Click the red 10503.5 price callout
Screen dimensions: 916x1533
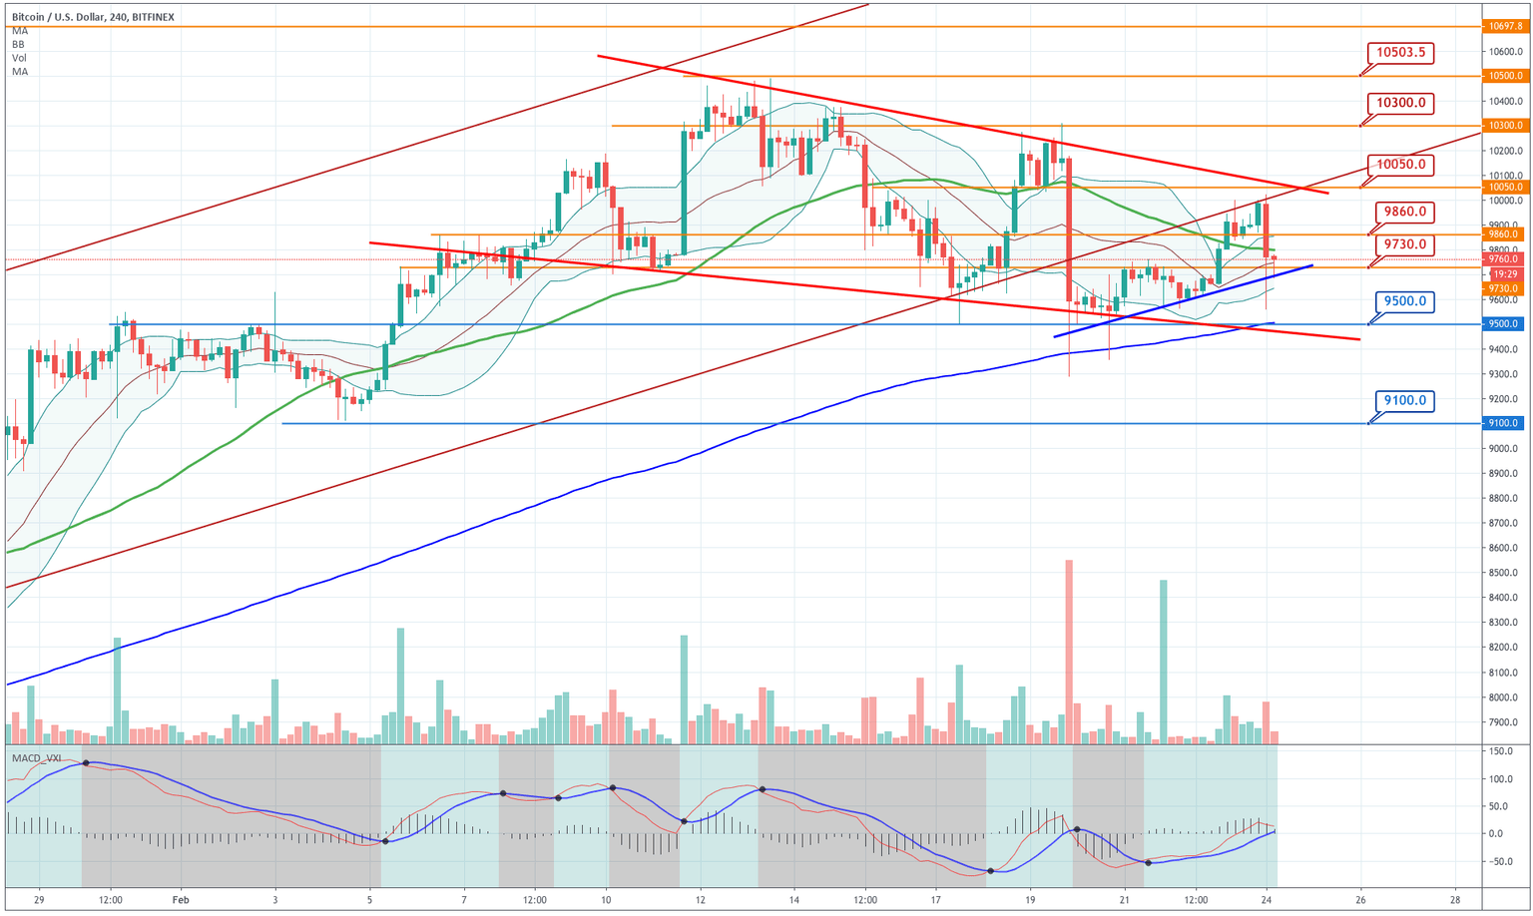[1400, 53]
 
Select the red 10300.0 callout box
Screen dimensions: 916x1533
[1400, 103]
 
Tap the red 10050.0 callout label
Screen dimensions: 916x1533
[1400, 165]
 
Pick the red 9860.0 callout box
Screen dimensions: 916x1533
[1405, 212]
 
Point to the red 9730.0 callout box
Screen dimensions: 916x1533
[1405, 244]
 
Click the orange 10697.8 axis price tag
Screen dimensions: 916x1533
[1504, 27]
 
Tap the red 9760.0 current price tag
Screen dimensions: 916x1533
[1504, 259]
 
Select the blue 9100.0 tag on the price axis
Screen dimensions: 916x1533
[1504, 423]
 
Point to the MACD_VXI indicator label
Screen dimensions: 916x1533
[37, 758]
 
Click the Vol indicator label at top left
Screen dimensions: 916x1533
[20, 58]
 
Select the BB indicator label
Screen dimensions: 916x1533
[19, 45]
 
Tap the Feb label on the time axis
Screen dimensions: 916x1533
[181, 899]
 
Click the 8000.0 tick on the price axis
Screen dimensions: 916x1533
[1504, 673]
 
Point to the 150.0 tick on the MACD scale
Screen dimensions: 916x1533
[1501, 751]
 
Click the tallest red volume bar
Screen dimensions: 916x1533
[1069, 651]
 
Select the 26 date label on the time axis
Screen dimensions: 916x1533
[1360, 899]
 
